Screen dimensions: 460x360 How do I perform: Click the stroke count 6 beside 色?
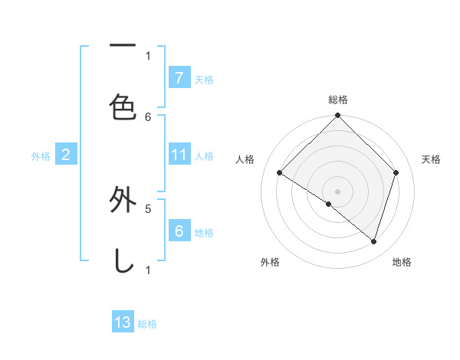pyautogui.click(x=149, y=116)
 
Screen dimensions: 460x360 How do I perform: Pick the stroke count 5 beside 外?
pyautogui.click(x=149, y=207)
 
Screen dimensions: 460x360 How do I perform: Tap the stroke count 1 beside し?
pyautogui.click(x=148, y=270)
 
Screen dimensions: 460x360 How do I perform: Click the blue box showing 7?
pyautogui.click(x=179, y=77)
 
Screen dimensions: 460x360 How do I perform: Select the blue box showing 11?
pyautogui.click(x=179, y=155)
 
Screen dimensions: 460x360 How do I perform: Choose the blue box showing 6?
pyautogui.click(x=179, y=231)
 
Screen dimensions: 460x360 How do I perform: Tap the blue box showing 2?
pyautogui.click(x=66, y=155)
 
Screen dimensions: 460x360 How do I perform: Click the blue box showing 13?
pyautogui.click(x=123, y=322)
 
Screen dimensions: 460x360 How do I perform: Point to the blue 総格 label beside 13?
pyautogui.click(x=147, y=324)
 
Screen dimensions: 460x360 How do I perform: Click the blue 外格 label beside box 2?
pyautogui.click(x=41, y=156)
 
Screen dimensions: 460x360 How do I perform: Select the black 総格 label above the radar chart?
pyautogui.click(x=338, y=100)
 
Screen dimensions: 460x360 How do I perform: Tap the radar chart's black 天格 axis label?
pyautogui.click(x=432, y=159)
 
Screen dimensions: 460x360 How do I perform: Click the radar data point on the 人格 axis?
pyautogui.click(x=280, y=173)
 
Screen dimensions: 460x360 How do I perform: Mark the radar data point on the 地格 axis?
pyautogui.click(x=373, y=241)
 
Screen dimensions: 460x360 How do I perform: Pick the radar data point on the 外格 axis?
pyautogui.click(x=329, y=205)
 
